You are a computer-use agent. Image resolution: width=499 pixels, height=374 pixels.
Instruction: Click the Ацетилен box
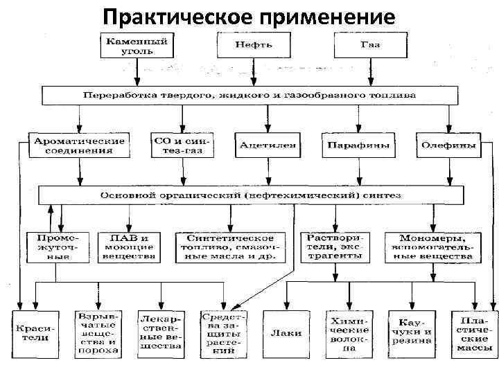coord(268,145)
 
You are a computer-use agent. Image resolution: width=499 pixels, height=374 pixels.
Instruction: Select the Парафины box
coord(356,145)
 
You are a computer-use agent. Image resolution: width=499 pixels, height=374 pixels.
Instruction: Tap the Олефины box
coord(448,145)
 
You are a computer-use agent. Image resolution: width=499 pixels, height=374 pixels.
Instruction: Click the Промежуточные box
coord(59,247)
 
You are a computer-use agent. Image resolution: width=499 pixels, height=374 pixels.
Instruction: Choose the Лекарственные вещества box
coord(160,334)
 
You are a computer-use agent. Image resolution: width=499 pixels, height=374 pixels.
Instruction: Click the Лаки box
coord(285,333)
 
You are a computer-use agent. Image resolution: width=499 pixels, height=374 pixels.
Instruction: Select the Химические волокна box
coord(349,334)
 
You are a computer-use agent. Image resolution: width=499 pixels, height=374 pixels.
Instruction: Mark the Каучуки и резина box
coord(412,334)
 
